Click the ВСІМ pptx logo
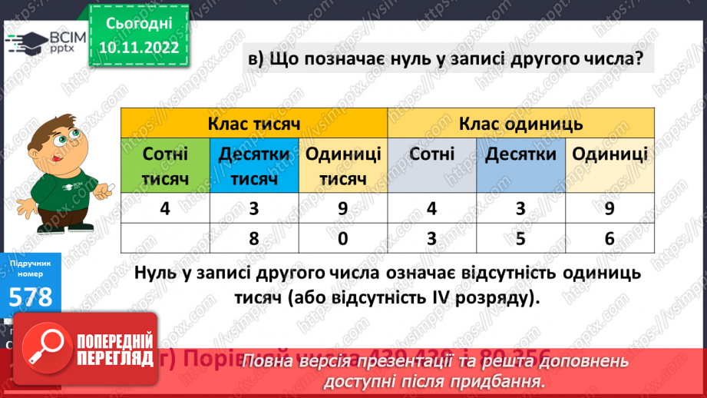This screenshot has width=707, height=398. point(46,43)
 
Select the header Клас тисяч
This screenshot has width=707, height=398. point(253,123)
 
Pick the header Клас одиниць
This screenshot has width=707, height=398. point(520,123)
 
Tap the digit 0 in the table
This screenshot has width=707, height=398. point(343,238)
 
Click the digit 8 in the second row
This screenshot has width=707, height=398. point(254,238)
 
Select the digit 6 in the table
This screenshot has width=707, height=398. point(610,238)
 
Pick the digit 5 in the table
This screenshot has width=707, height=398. point(520,238)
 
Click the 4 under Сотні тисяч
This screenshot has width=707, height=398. point(165,208)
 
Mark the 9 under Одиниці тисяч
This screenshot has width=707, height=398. point(343,208)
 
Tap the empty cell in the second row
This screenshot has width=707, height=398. point(165,238)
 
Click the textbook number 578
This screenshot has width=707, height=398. point(31,296)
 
